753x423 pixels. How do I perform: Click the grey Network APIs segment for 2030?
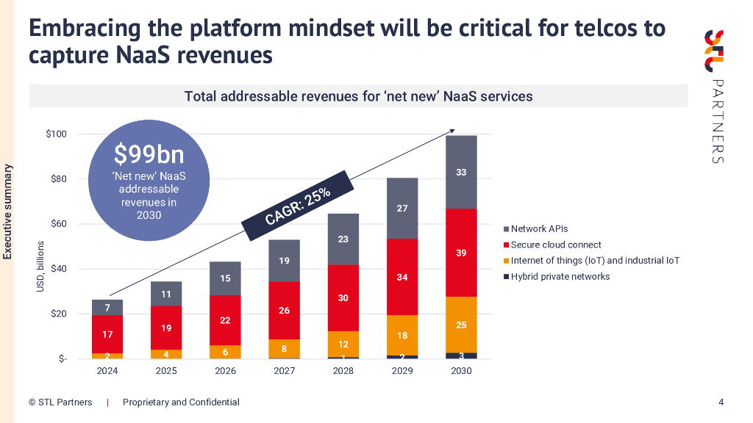461,172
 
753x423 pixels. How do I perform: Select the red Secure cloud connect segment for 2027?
285,310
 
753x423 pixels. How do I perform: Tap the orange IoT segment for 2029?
402,335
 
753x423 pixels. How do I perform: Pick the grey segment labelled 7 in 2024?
108,308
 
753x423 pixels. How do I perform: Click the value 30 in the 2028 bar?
343,297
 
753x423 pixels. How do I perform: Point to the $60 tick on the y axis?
57,224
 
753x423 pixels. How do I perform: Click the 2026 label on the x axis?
225,371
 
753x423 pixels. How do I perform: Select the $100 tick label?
56,134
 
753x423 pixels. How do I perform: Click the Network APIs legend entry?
539,229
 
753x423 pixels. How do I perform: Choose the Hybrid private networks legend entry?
560,277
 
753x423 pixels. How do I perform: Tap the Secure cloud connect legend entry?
555,245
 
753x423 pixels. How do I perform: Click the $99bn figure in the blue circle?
149,155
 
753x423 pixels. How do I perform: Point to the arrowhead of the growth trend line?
453,131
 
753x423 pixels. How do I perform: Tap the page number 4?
721,402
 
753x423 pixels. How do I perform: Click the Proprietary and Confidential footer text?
181,402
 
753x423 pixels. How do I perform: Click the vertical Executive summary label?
8,212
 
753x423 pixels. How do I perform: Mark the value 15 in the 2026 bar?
226,278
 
